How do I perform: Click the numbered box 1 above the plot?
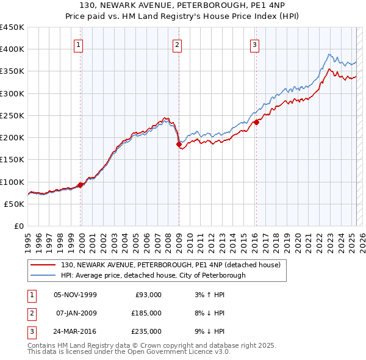pos(80,44)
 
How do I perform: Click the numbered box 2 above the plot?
pos(177,44)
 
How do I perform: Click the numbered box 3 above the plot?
pos(254,44)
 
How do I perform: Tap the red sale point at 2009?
pos(179,145)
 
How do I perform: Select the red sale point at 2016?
pos(257,122)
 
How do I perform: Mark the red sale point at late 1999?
pos(81,185)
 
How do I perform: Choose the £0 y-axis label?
pos(19,226)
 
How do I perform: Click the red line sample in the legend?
pos(44,265)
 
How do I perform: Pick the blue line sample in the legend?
pos(44,275)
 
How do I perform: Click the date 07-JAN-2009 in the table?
pos(76,313)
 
